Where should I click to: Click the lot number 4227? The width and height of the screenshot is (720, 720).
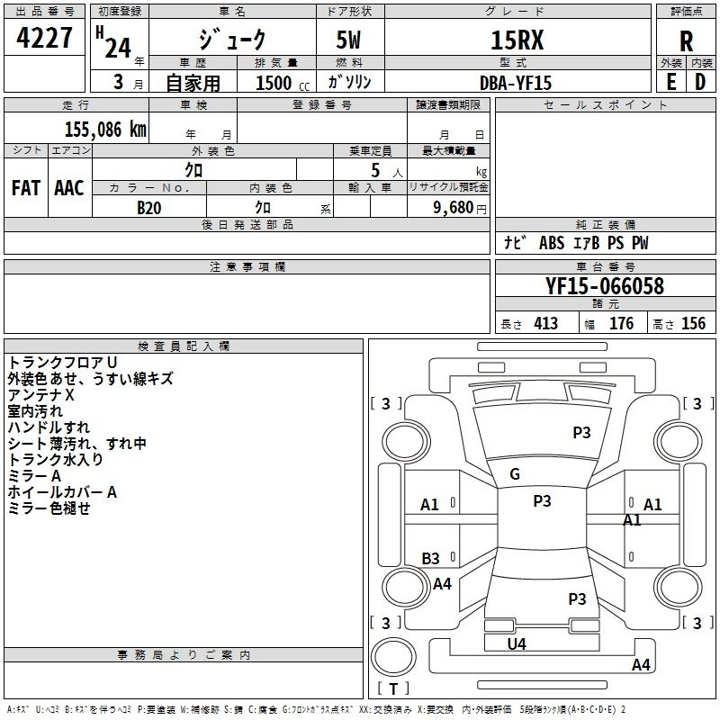pyautogui.click(x=44, y=38)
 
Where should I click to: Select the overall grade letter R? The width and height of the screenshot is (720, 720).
pyautogui.click(x=686, y=41)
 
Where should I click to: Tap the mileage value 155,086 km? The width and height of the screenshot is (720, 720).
pyautogui.click(x=105, y=130)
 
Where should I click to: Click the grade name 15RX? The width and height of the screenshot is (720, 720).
pyautogui.click(x=517, y=40)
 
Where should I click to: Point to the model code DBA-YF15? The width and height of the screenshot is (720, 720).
pyautogui.click(x=515, y=83)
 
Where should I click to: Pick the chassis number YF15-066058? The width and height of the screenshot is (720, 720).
pyautogui.click(x=605, y=286)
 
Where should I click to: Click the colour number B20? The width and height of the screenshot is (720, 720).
pyautogui.click(x=149, y=208)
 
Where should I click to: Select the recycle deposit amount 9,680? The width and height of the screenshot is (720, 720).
pyautogui.click(x=454, y=207)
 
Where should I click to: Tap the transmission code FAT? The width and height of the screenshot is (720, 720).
pyautogui.click(x=26, y=188)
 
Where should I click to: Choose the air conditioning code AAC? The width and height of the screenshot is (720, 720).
pyautogui.click(x=69, y=188)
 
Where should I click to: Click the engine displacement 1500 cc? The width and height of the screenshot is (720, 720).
pyautogui.click(x=283, y=83)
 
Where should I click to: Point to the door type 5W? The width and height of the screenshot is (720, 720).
pyautogui.click(x=348, y=40)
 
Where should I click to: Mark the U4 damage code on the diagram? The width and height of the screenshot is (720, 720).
pyautogui.click(x=517, y=644)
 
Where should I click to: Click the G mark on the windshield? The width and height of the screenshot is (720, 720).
pyautogui.click(x=515, y=474)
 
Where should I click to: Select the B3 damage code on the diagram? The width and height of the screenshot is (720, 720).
pyautogui.click(x=431, y=558)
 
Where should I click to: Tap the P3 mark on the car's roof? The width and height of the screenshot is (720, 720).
pyautogui.click(x=543, y=500)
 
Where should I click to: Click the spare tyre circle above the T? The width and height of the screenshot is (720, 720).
pyautogui.click(x=393, y=656)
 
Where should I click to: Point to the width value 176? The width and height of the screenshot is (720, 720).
pyautogui.click(x=621, y=323)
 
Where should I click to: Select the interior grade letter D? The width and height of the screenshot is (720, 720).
pyautogui.click(x=700, y=82)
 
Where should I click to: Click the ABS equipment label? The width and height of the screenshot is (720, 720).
pyautogui.click(x=552, y=243)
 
